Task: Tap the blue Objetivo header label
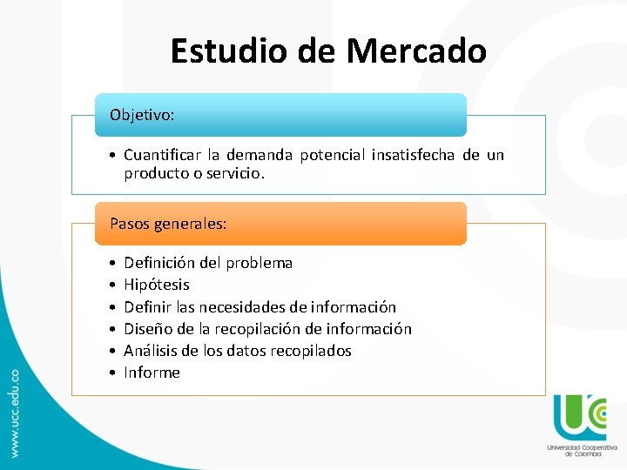(143, 115)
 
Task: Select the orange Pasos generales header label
(168, 224)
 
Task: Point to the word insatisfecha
(413, 156)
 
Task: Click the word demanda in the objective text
(259, 156)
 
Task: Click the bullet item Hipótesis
(157, 285)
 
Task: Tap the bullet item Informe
(152, 373)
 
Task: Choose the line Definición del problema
(208, 263)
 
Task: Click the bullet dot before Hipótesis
(113, 285)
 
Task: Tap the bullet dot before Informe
(113, 373)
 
